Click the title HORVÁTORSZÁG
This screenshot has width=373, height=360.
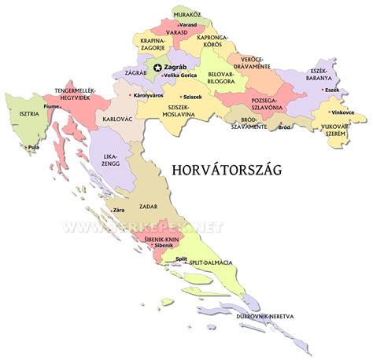227,171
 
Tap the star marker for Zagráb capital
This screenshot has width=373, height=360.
158,68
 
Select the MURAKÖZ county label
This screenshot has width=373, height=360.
186,13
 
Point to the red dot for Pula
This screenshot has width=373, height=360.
26,146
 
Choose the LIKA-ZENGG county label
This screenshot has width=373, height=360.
110,162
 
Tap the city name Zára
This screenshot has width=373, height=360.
120,211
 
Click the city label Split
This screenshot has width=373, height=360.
182,259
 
